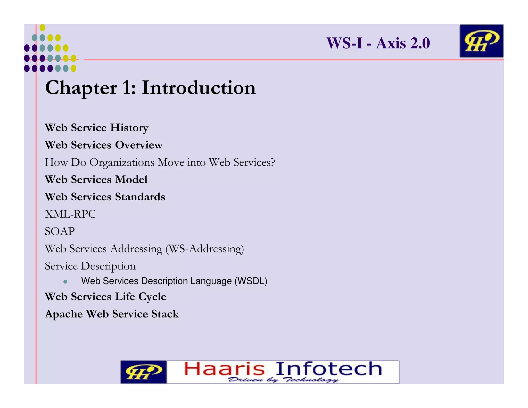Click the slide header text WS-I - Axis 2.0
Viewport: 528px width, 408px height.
click(x=378, y=43)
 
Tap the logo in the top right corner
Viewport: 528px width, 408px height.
click(x=481, y=41)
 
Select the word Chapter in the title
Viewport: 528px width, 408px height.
click(x=81, y=88)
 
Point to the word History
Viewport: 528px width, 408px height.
click(x=129, y=128)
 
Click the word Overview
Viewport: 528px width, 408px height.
click(x=139, y=145)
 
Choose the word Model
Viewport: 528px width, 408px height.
click(x=131, y=179)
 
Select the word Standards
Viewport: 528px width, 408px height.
click(x=140, y=197)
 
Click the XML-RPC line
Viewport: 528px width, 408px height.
click(x=70, y=214)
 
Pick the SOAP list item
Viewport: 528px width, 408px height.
click(x=60, y=231)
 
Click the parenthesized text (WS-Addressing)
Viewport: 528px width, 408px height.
click(x=205, y=249)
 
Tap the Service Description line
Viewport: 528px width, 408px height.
click(x=90, y=266)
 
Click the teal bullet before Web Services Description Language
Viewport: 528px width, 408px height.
click(x=65, y=282)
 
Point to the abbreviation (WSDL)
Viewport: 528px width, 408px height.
click(x=251, y=281)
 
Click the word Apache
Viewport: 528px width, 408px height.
click(x=64, y=314)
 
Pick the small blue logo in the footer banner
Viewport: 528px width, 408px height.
click(x=143, y=372)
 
